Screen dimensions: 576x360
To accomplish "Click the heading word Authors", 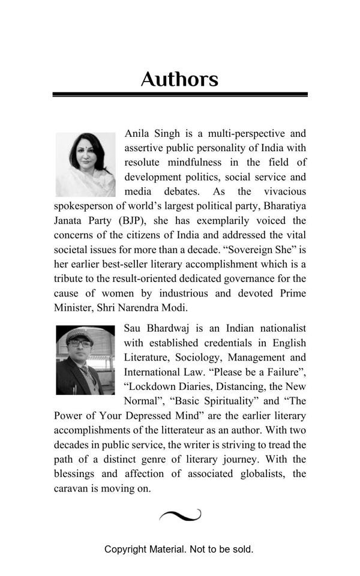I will [x=179, y=80].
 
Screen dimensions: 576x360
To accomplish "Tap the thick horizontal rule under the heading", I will [x=179, y=94].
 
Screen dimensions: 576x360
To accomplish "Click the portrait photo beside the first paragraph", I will [x=85, y=165].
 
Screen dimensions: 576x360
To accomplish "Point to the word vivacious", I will [x=284, y=191].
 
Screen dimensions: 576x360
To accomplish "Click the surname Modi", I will [x=174, y=308].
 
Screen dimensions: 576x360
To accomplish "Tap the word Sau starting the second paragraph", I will [x=133, y=328].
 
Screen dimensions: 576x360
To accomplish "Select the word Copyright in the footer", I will [x=125, y=549].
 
